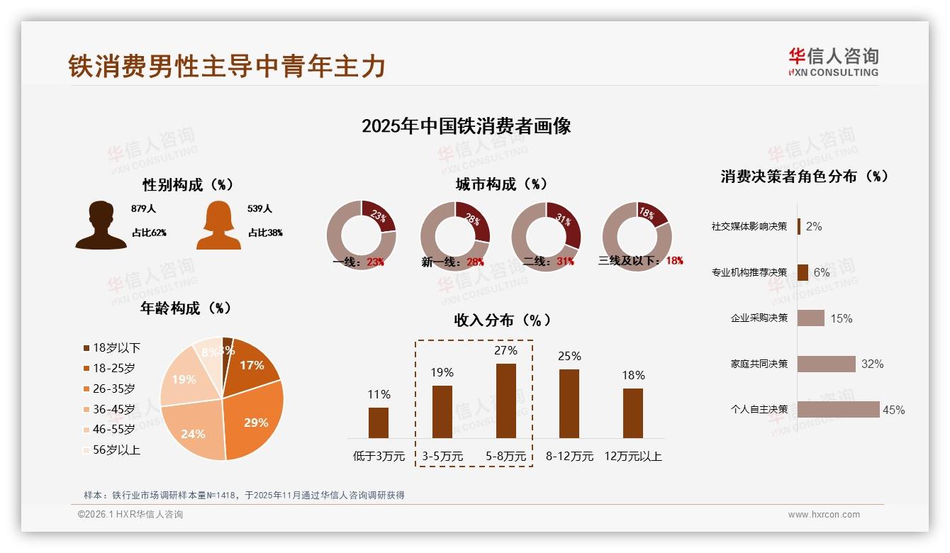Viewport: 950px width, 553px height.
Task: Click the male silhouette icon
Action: click(101, 225)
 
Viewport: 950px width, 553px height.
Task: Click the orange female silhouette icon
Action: click(218, 225)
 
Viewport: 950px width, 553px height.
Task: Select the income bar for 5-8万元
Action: click(505, 401)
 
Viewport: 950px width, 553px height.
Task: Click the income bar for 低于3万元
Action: click(379, 423)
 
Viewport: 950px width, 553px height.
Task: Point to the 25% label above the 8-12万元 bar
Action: click(569, 356)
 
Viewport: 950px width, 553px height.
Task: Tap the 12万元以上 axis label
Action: click(632, 456)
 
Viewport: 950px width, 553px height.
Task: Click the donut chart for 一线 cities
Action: click(361, 235)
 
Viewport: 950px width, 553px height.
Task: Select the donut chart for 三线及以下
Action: click(636, 235)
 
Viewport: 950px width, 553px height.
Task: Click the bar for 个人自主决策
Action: click(838, 409)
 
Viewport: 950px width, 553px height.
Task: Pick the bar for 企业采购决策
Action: click(810, 318)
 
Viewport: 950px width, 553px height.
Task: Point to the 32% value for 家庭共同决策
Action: click(872, 364)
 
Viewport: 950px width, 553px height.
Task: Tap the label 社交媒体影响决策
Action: click(749, 226)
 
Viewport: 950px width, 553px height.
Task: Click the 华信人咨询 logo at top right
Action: click(833, 62)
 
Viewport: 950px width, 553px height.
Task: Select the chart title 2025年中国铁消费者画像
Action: click(466, 126)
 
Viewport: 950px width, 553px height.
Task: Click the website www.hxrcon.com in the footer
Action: click(823, 515)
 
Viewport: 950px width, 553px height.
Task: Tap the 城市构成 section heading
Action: click(501, 184)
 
